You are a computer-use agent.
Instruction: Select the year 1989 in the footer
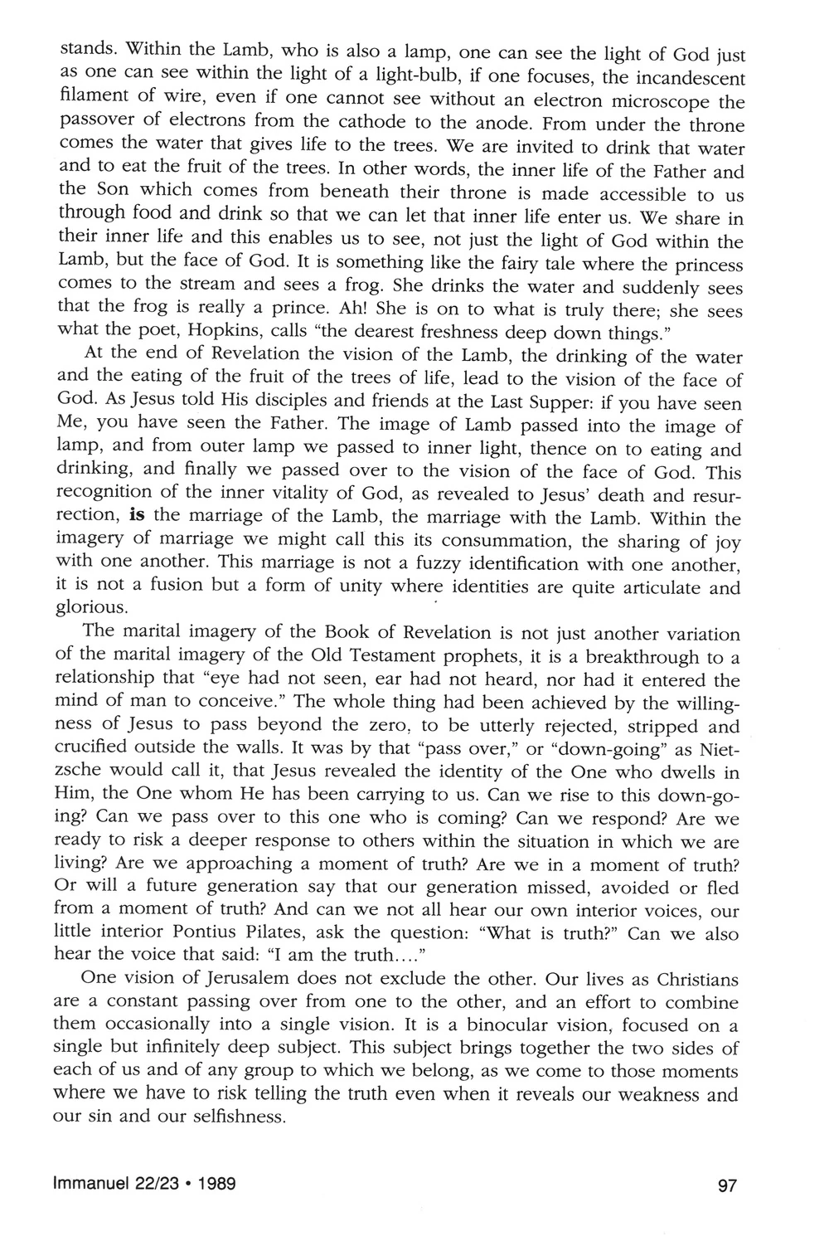point(214,1184)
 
